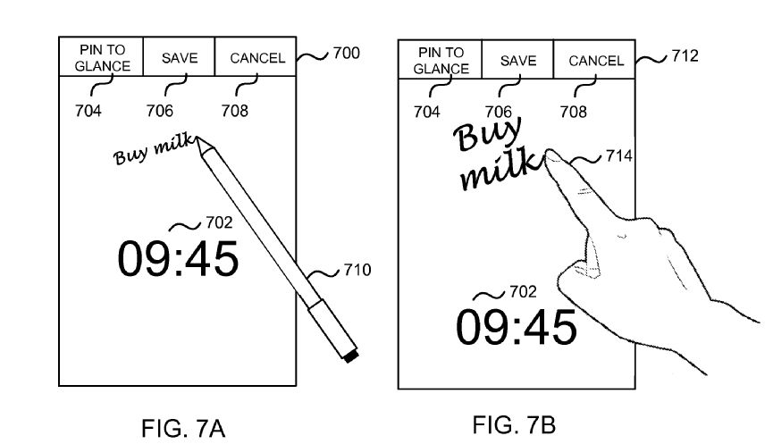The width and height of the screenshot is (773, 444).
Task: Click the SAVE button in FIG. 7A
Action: tap(180, 58)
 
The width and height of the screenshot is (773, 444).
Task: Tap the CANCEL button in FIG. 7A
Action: tap(257, 58)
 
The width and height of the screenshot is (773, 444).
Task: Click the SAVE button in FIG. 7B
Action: tap(518, 61)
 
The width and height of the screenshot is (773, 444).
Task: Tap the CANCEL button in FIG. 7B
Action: tap(596, 61)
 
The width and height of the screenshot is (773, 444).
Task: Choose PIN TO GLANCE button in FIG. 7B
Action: tap(441, 61)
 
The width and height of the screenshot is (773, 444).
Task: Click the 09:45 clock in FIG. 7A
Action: tap(178, 259)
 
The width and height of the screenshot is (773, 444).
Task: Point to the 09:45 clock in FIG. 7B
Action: tap(517, 328)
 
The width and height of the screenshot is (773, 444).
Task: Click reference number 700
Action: tap(346, 54)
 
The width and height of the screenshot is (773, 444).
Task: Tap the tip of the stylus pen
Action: tap(200, 140)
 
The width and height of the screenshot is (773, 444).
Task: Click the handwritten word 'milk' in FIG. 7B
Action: tap(500, 170)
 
